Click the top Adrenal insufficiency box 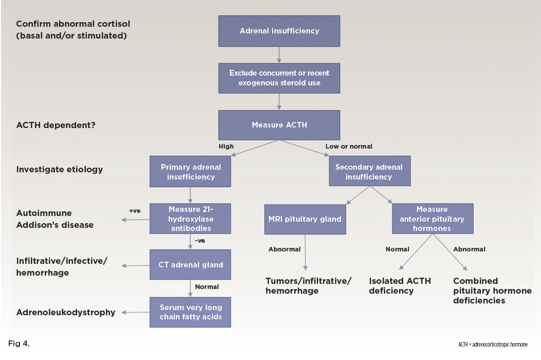tap(279, 31)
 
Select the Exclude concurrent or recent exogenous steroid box tap(279, 78)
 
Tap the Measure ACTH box tap(279, 125)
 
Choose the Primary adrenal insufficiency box tap(191, 172)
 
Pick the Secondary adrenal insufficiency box tap(369, 172)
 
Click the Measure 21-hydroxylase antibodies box tap(191, 219)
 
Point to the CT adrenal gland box tap(191, 265)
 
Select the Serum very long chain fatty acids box tap(191, 312)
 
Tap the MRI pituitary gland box tap(305, 219)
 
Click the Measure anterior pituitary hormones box tap(432, 219)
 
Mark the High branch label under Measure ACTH tap(226, 147)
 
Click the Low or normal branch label tap(349, 147)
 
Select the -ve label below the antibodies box tap(200, 240)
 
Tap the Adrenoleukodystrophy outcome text tap(66, 312)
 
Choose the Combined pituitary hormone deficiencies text tap(492, 291)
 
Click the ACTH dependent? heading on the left tap(56, 124)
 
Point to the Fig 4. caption tap(20, 344)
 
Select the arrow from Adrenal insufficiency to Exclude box tap(279, 55)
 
